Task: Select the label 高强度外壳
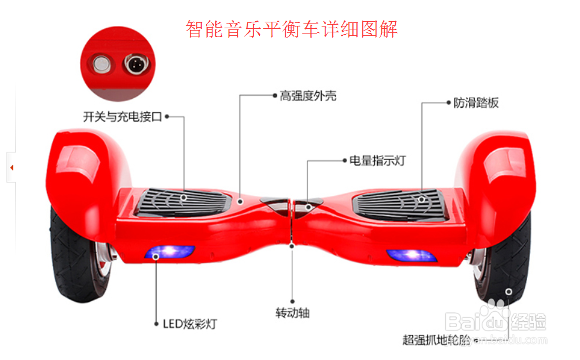308,96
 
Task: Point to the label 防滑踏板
476,103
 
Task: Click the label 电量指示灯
377,160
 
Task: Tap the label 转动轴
292,312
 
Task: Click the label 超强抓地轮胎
436,339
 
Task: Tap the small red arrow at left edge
12,168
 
